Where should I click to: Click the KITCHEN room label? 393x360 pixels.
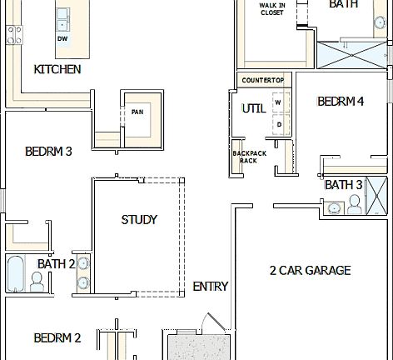coord(57,69)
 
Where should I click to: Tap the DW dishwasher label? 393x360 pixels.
coord(62,38)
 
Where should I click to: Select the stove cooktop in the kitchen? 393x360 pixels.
coord(13,34)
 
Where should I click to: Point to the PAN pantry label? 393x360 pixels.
coord(137,112)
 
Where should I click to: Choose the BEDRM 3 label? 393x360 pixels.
coord(48,151)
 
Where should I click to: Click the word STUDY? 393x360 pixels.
coord(139,220)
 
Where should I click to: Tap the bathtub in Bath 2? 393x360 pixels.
coord(15,273)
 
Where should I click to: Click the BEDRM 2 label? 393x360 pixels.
coord(57,337)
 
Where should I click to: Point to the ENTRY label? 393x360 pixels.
coord(210,286)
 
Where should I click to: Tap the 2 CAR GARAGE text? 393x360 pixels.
coord(310,270)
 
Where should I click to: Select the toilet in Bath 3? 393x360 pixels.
coord(354,204)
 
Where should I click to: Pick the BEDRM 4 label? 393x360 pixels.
coord(341,102)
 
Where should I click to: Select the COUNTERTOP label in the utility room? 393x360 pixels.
coord(262,80)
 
